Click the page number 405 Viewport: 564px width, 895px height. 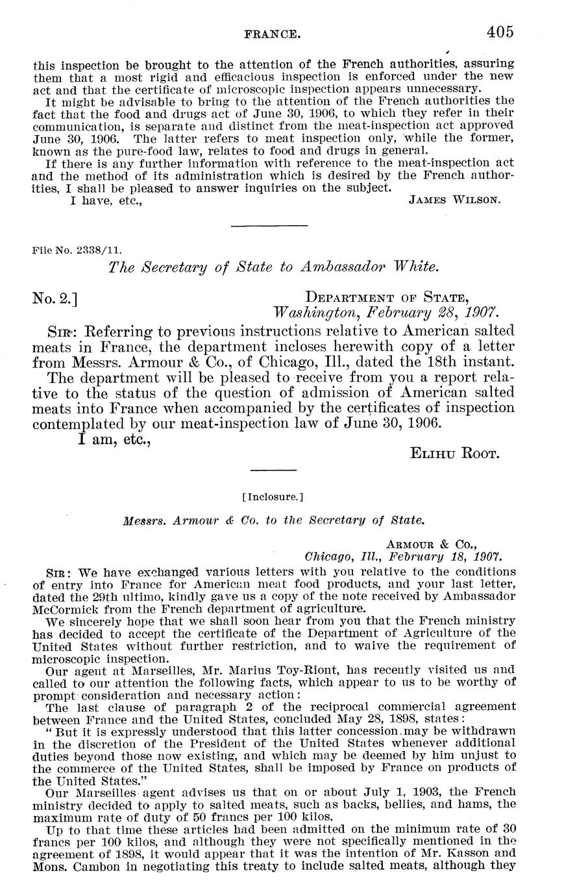point(497,31)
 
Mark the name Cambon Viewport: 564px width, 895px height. point(84,866)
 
